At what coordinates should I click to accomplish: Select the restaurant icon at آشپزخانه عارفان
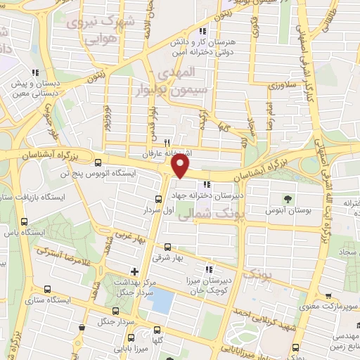click(x=167, y=141)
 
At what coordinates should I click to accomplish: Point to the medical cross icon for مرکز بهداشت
click(x=134, y=271)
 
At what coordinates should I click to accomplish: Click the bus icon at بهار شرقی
click(x=167, y=247)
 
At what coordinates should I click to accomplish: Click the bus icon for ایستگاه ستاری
click(x=46, y=289)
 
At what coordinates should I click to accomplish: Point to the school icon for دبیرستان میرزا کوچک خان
click(x=207, y=268)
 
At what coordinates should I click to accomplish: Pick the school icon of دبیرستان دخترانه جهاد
click(x=207, y=184)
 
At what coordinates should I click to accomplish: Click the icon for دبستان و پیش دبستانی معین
click(x=33, y=71)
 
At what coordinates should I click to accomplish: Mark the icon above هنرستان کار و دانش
click(x=203, y=32)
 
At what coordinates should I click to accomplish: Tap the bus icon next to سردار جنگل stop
click(x=117, y=309)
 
